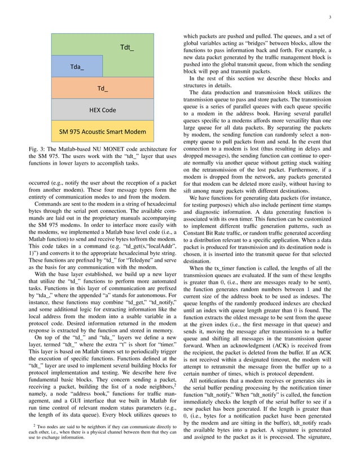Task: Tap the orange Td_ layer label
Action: coord(103,89)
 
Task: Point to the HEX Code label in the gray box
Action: coord(103,109)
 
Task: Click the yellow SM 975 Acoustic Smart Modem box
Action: coord(103,132)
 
